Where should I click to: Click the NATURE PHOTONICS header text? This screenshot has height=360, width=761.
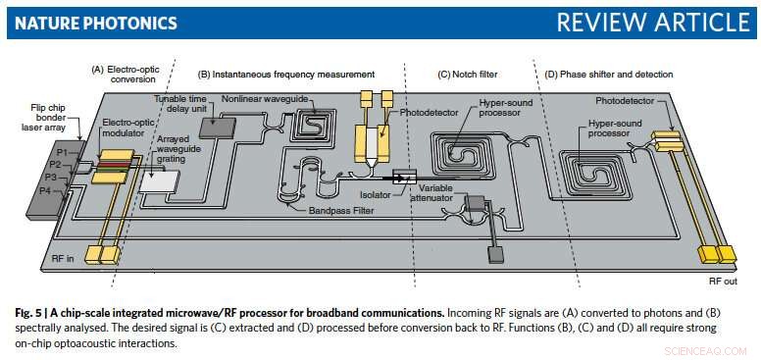coord(93,22)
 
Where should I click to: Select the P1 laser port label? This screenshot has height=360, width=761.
coord(62,153)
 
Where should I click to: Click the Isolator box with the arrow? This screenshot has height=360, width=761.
coord(405,177)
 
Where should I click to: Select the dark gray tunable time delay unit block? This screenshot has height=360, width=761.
coord(218,126)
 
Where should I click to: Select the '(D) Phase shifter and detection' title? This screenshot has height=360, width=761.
coord(610,74)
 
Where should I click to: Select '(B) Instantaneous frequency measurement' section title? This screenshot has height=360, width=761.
coord(286,74)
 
